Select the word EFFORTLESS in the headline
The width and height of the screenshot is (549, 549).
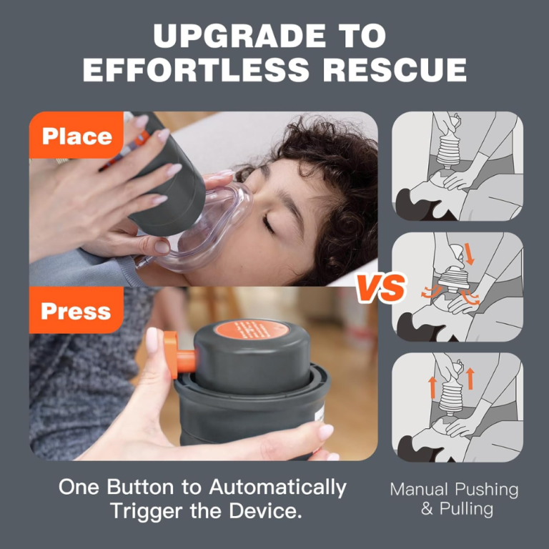(x=194, y=70)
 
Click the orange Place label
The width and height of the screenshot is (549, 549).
(x=76, y=136)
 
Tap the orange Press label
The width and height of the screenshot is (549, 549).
(x=76, y=311)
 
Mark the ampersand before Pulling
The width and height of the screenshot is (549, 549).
(x=427, y=509)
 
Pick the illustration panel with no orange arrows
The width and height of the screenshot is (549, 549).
(x=457, y=166)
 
